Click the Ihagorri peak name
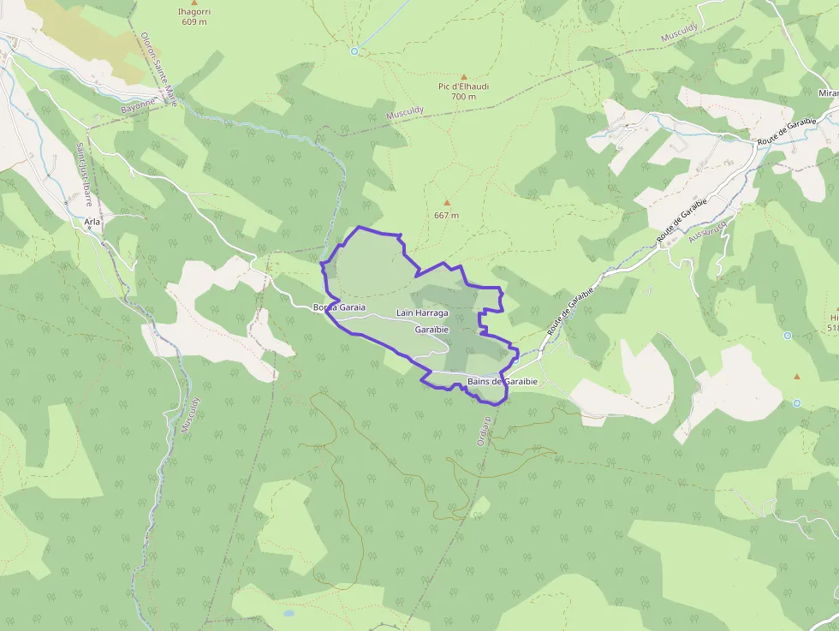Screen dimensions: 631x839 (x=193, y=12)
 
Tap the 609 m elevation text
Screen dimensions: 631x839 (x=193, y=22)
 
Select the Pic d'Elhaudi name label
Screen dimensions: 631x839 (x=463, y=86)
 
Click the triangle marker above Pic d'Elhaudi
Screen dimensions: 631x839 (x=464, y=76)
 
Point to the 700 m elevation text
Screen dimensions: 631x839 (x=463, y=97)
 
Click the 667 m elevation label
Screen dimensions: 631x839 (x=446, y=215)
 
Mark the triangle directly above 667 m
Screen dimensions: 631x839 (x=446, y=203)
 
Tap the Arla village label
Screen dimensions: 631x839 (x=92, y=221)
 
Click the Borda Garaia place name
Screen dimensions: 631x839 (x=339, y=307)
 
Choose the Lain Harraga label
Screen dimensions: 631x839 (x=422, y=313)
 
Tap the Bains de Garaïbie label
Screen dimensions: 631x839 (x=502, y=381)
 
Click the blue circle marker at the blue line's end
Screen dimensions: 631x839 (x=354, y=51)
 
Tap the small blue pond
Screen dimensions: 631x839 (x=289, y=613)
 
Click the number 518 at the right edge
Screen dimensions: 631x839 (x=832, y=328)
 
